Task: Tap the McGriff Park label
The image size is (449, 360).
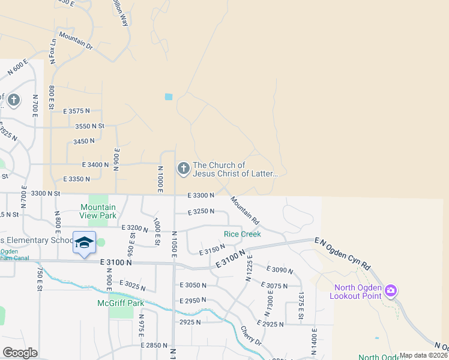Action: click(121, 303)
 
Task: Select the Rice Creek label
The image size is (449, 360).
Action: click(243, 234)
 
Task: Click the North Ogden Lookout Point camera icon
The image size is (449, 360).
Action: click(391, 291)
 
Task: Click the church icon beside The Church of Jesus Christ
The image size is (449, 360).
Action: click(183, 169)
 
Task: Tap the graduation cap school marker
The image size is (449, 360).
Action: click(85, 242)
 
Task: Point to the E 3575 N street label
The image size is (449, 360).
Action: click(76, 111)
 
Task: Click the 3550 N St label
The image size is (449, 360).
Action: click(90, 126)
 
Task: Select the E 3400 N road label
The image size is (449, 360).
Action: click(95, 164)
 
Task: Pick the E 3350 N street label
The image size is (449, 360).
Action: click(76, 179)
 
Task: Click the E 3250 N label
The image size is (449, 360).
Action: click(201, 212)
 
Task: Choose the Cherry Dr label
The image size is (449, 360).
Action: click(252, 335)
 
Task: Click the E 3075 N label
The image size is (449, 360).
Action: click(276, 286)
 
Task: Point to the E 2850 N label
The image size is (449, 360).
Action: click(154, 345)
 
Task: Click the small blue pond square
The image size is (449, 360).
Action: click(169, 97)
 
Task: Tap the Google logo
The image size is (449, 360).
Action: click(20, 353)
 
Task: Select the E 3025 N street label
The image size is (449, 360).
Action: click(133, 283)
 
